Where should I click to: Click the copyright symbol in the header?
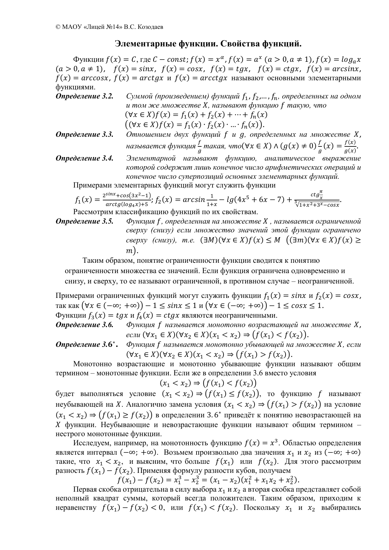58,27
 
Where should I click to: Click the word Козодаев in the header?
151,27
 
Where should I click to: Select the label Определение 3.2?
84,96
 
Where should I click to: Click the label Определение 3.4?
84,158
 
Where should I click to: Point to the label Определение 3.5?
84,221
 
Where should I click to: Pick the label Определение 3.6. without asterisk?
84,325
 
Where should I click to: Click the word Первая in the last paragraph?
84,489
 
